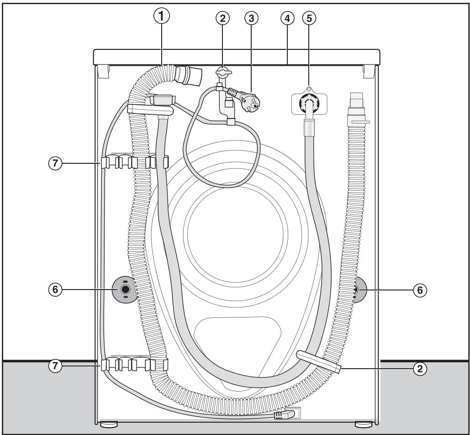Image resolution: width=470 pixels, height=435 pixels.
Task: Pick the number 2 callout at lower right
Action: [420, 369]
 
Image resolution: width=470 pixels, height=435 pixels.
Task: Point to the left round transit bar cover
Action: [123, 289]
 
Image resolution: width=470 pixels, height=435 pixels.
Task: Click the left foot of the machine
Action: [108, 424]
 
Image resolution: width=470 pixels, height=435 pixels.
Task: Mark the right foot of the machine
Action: [363, 424]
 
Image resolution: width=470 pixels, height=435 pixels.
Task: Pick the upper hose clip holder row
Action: [133, 161]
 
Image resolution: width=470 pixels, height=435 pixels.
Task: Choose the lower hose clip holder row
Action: [133, 365]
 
